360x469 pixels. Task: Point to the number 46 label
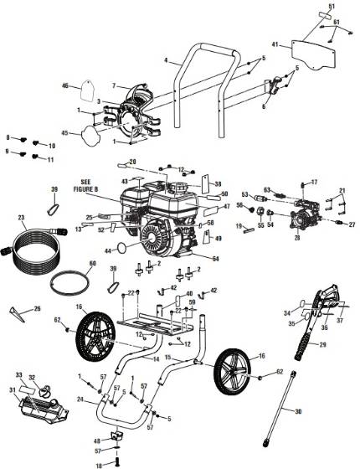pos(64,85)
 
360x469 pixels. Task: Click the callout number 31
pos(12,390)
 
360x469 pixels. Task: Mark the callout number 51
pos(330,7)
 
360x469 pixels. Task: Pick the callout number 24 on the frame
pos(80,400)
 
